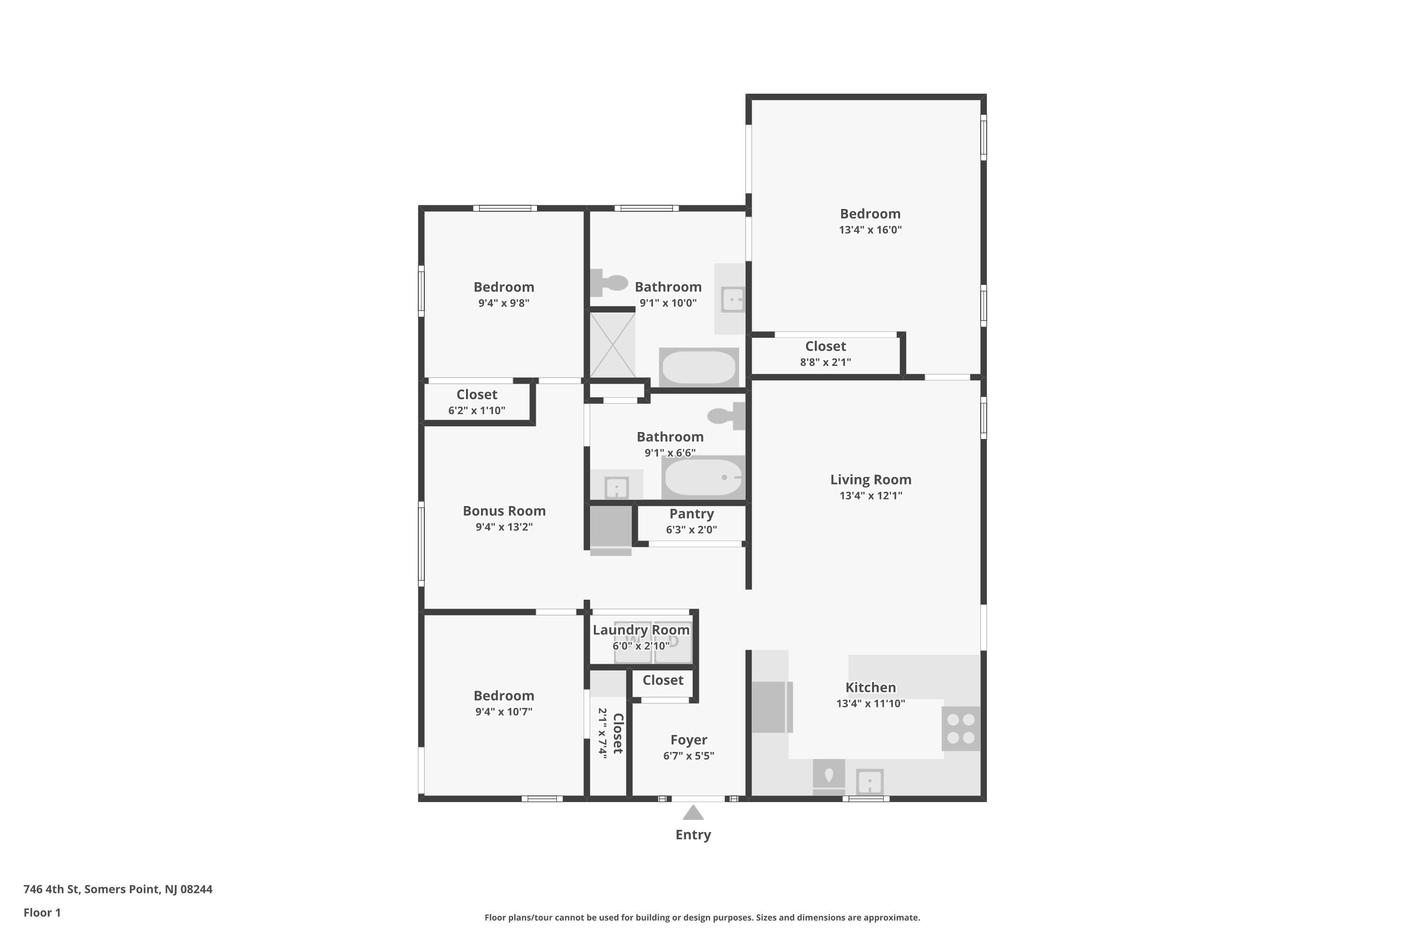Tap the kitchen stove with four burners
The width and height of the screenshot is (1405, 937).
tap(961, 729)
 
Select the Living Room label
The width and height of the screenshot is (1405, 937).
tap(870, 479)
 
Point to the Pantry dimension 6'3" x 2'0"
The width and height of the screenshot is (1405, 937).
tap(691, 529)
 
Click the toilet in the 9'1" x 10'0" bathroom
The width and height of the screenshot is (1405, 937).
tap(609, 283)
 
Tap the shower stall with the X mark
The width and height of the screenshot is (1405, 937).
tap(612, 345)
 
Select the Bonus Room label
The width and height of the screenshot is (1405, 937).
tap(504, 511)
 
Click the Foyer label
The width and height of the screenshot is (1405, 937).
tap(689, 740)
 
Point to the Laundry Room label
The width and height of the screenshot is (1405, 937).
tap(641, 630)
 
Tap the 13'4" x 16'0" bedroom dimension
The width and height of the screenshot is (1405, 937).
tap(870, 230)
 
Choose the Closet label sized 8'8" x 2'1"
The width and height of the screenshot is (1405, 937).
tap(826, 346)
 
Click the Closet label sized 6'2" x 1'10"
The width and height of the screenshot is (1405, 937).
tap(477, 394)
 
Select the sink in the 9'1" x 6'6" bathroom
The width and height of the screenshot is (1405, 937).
tap(616, 487)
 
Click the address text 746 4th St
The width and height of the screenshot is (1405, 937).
tap(52, 889)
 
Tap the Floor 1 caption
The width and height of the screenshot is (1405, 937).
tap(42, 913)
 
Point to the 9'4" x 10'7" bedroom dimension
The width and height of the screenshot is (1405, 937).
tap(503, 711)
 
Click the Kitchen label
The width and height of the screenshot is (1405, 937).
tap(870, 687)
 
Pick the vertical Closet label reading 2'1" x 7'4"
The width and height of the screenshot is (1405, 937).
tap(611, 734)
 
